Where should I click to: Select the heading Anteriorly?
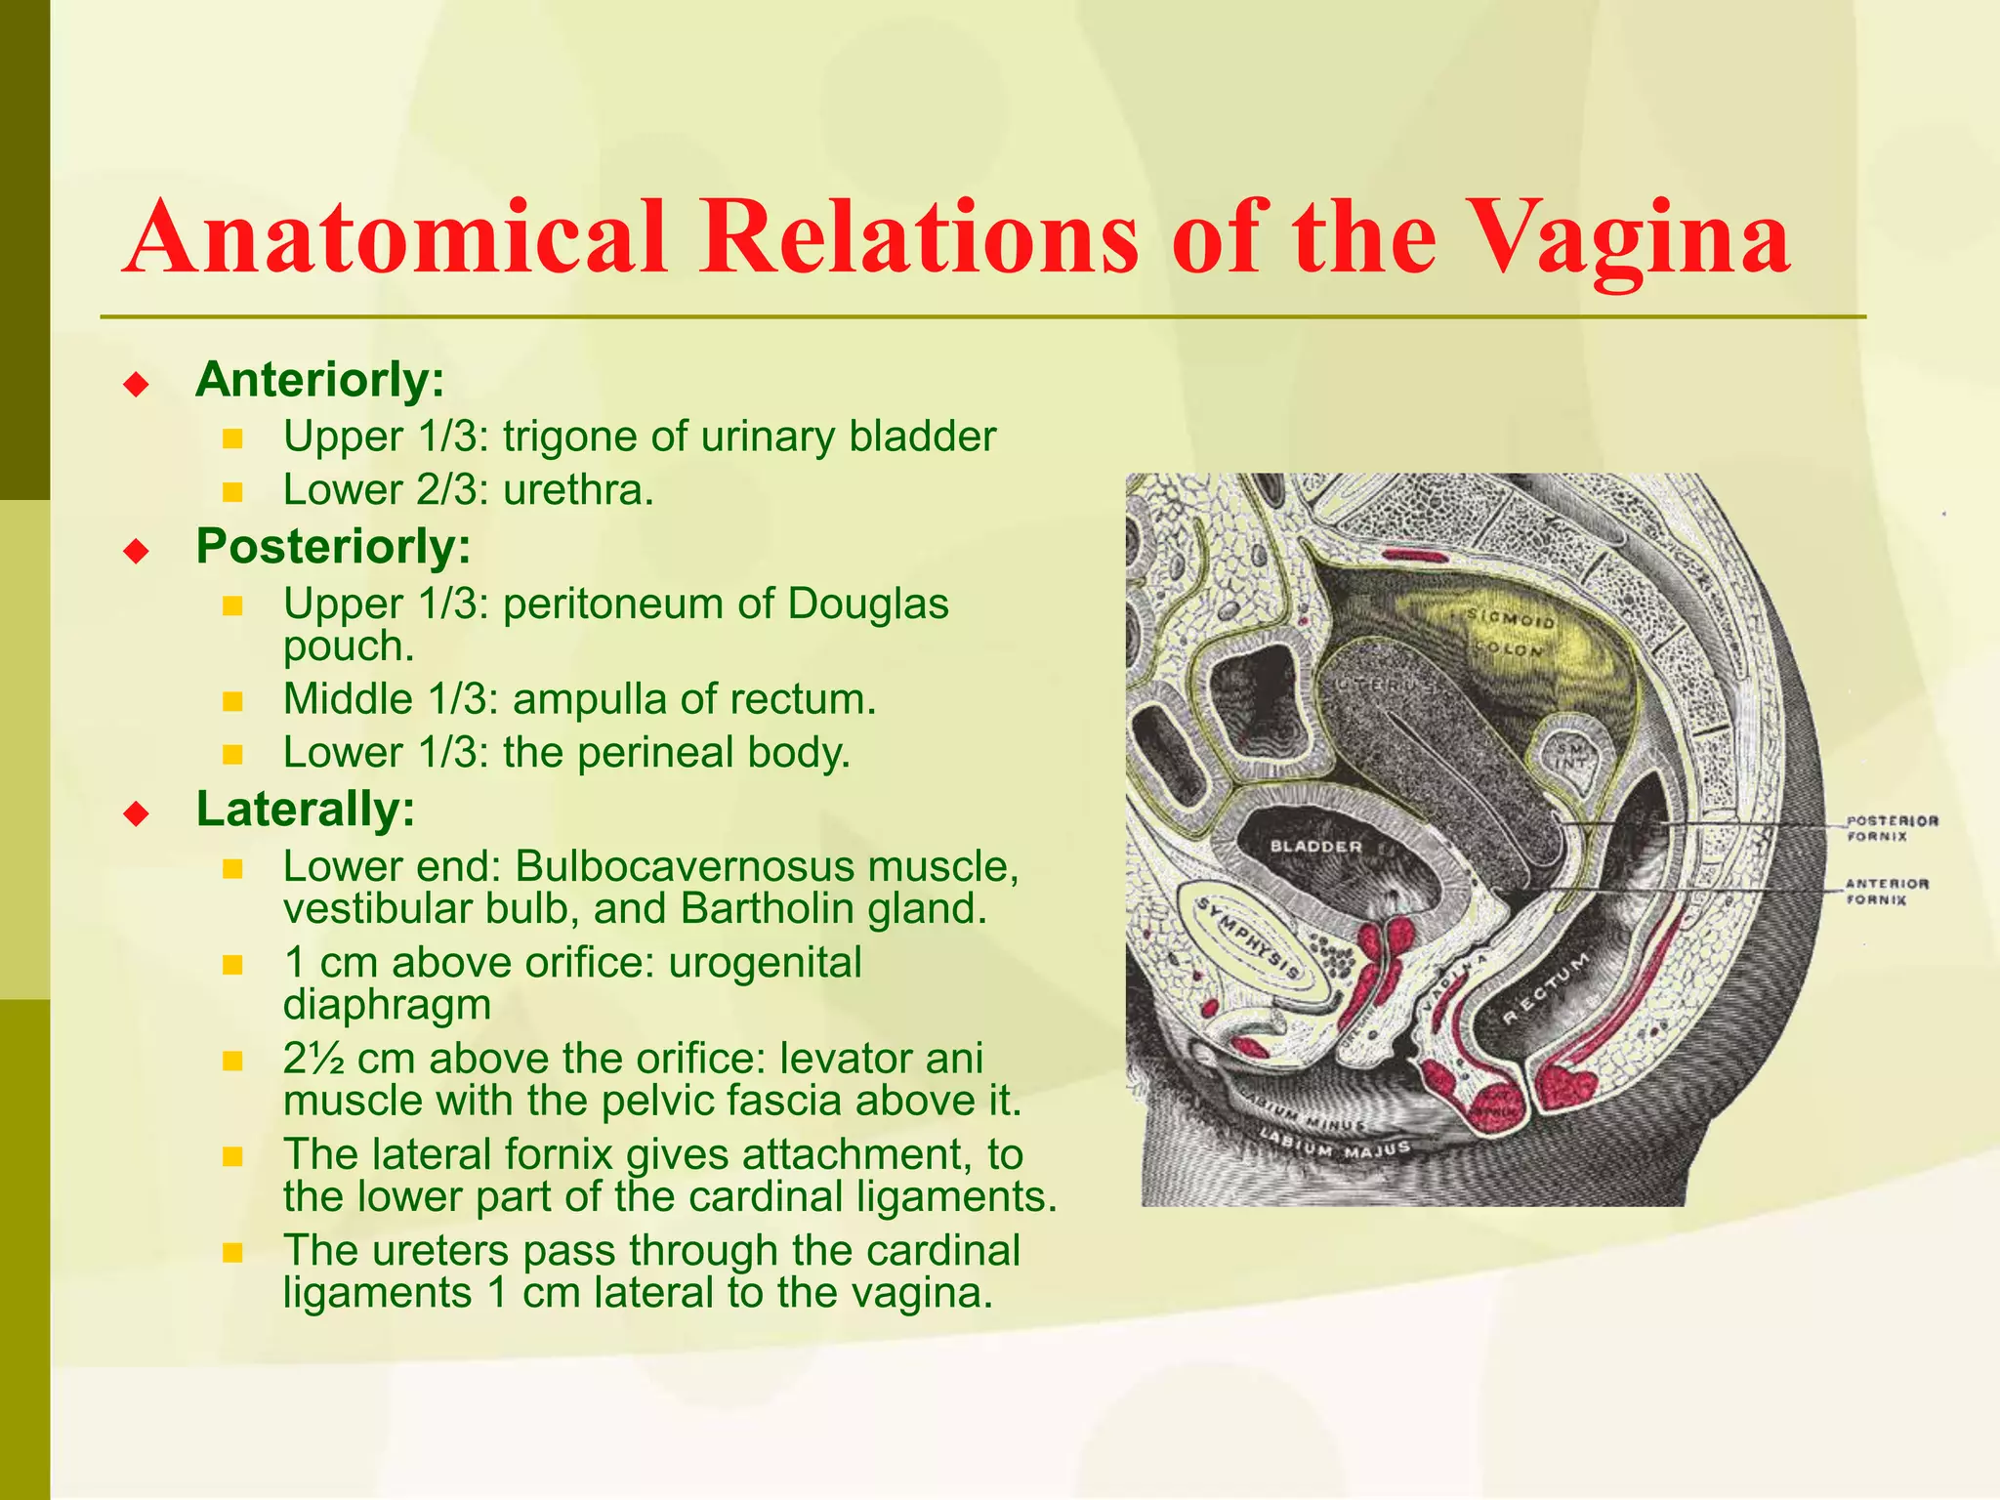(x=320, y=380)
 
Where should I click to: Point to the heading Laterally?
(x=306, y=810)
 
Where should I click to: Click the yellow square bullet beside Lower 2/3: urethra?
(x=231, y=492)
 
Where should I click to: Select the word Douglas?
(x=867, y=604)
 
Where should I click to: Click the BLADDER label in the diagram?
(x=1314, y=847)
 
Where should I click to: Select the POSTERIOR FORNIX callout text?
(x=1892, y=828)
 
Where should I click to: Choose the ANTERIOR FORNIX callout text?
(x=1887, y=891)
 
